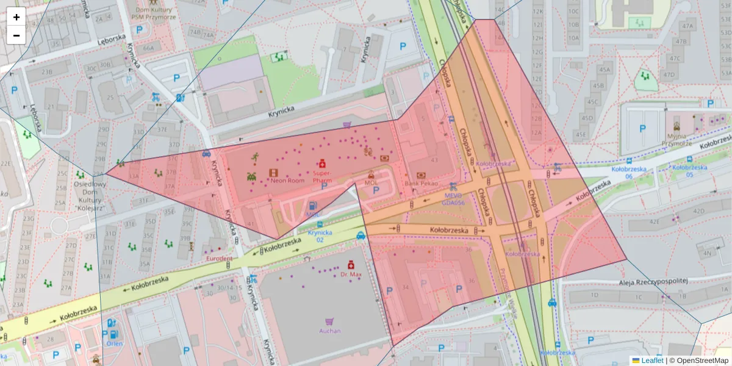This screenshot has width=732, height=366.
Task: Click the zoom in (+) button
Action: tap(16, 17)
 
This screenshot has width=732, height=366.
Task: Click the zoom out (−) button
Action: tap(16, 35)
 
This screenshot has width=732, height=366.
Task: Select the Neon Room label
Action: tap(287, 181)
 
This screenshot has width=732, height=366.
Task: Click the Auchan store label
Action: tap(329, 331)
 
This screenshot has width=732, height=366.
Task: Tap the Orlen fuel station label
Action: tap(113, 343)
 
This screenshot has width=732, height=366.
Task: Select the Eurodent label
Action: tap(218, 259)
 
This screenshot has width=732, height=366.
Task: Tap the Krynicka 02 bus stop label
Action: tap(320, 236)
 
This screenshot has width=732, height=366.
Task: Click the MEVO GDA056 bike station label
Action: tap(452, 198)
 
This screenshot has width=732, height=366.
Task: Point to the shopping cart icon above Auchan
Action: tap(329, 321)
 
